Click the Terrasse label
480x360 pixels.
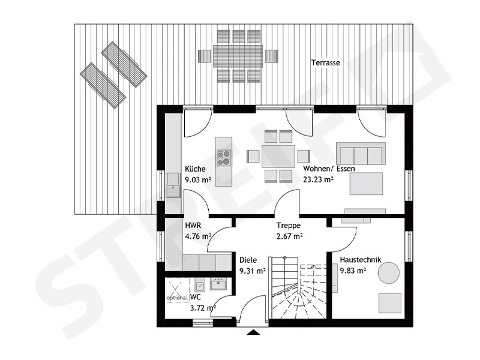coord(326,62)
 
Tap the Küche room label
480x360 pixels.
coord(196,169)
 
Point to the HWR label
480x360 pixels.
coord(193,226)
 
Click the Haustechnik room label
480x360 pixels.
coord(358,260)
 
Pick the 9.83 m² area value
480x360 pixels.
coord(353,270)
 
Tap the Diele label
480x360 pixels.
coord(248,260)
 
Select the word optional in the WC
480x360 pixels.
coord(177,298)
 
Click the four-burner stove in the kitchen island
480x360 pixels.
coord(223,157)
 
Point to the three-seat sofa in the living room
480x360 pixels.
coord(360,154)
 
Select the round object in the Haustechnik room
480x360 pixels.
coord(388,272)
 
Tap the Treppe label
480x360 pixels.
coord(288,226)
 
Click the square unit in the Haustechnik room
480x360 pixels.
coord(389,302)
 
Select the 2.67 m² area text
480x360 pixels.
coord(289,236)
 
